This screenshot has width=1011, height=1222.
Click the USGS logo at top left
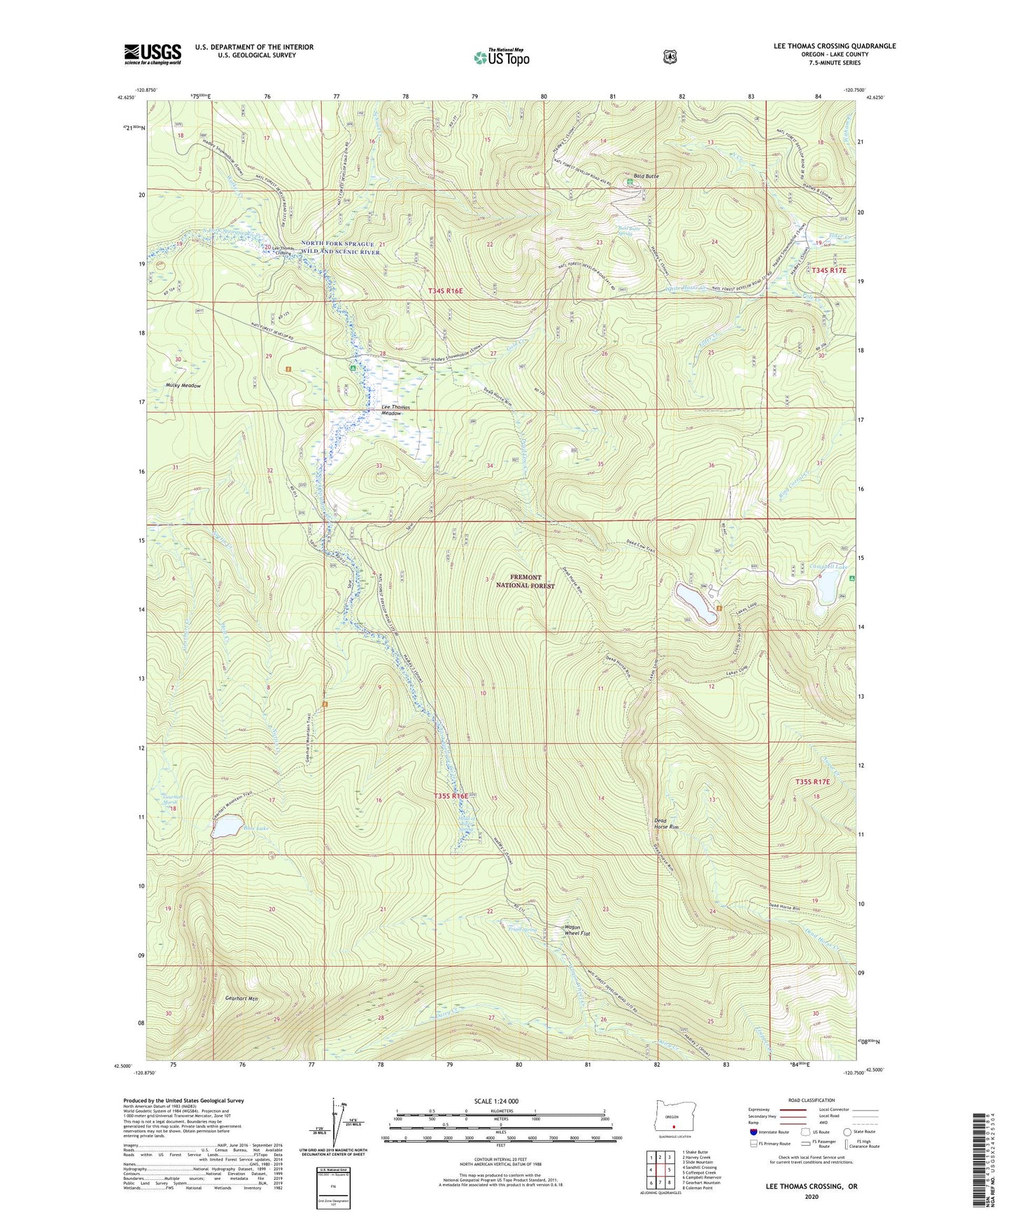[x=153, y=54]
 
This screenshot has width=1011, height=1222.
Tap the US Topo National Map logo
[x=501, y=57]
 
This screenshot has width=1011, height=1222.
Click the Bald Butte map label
[x=646, y=176]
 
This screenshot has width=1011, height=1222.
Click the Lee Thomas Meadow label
[x=391, y=410]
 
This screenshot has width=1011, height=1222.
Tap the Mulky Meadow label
[x=183, y=386]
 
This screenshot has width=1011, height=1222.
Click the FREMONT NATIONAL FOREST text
[x=525, y=581]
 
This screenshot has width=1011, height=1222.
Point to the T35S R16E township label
[x=451, y=796]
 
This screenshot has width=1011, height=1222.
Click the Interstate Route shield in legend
[x=753, y=1132]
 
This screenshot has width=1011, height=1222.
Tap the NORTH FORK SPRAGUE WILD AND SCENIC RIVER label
[x=341, y=248]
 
